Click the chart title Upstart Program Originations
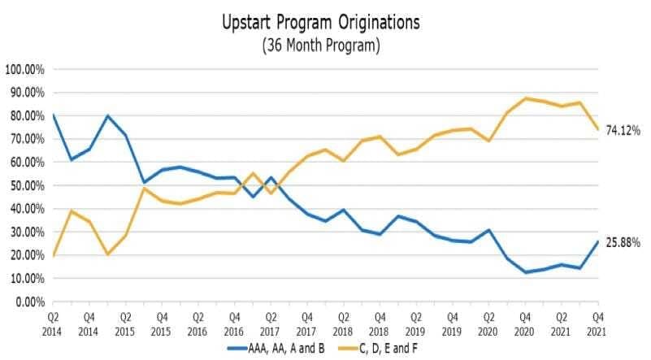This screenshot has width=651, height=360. click(x=321, y=23)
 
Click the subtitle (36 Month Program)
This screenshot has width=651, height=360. click(x=321, y=46)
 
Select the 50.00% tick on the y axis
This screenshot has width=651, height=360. click(x=26, y=185)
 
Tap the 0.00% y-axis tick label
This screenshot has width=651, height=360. click(x=28, y=301)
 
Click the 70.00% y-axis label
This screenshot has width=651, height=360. click(x=26, y=139)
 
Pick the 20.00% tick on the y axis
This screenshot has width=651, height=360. click(x=26, y=255)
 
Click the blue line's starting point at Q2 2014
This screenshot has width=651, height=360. click(x=54, y=115)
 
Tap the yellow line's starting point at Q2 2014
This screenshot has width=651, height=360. click(x=54, y=255)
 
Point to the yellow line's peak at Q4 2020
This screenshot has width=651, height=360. click(x=525, y=98)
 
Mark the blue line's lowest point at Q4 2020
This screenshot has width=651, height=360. click(x=525, y=272)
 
